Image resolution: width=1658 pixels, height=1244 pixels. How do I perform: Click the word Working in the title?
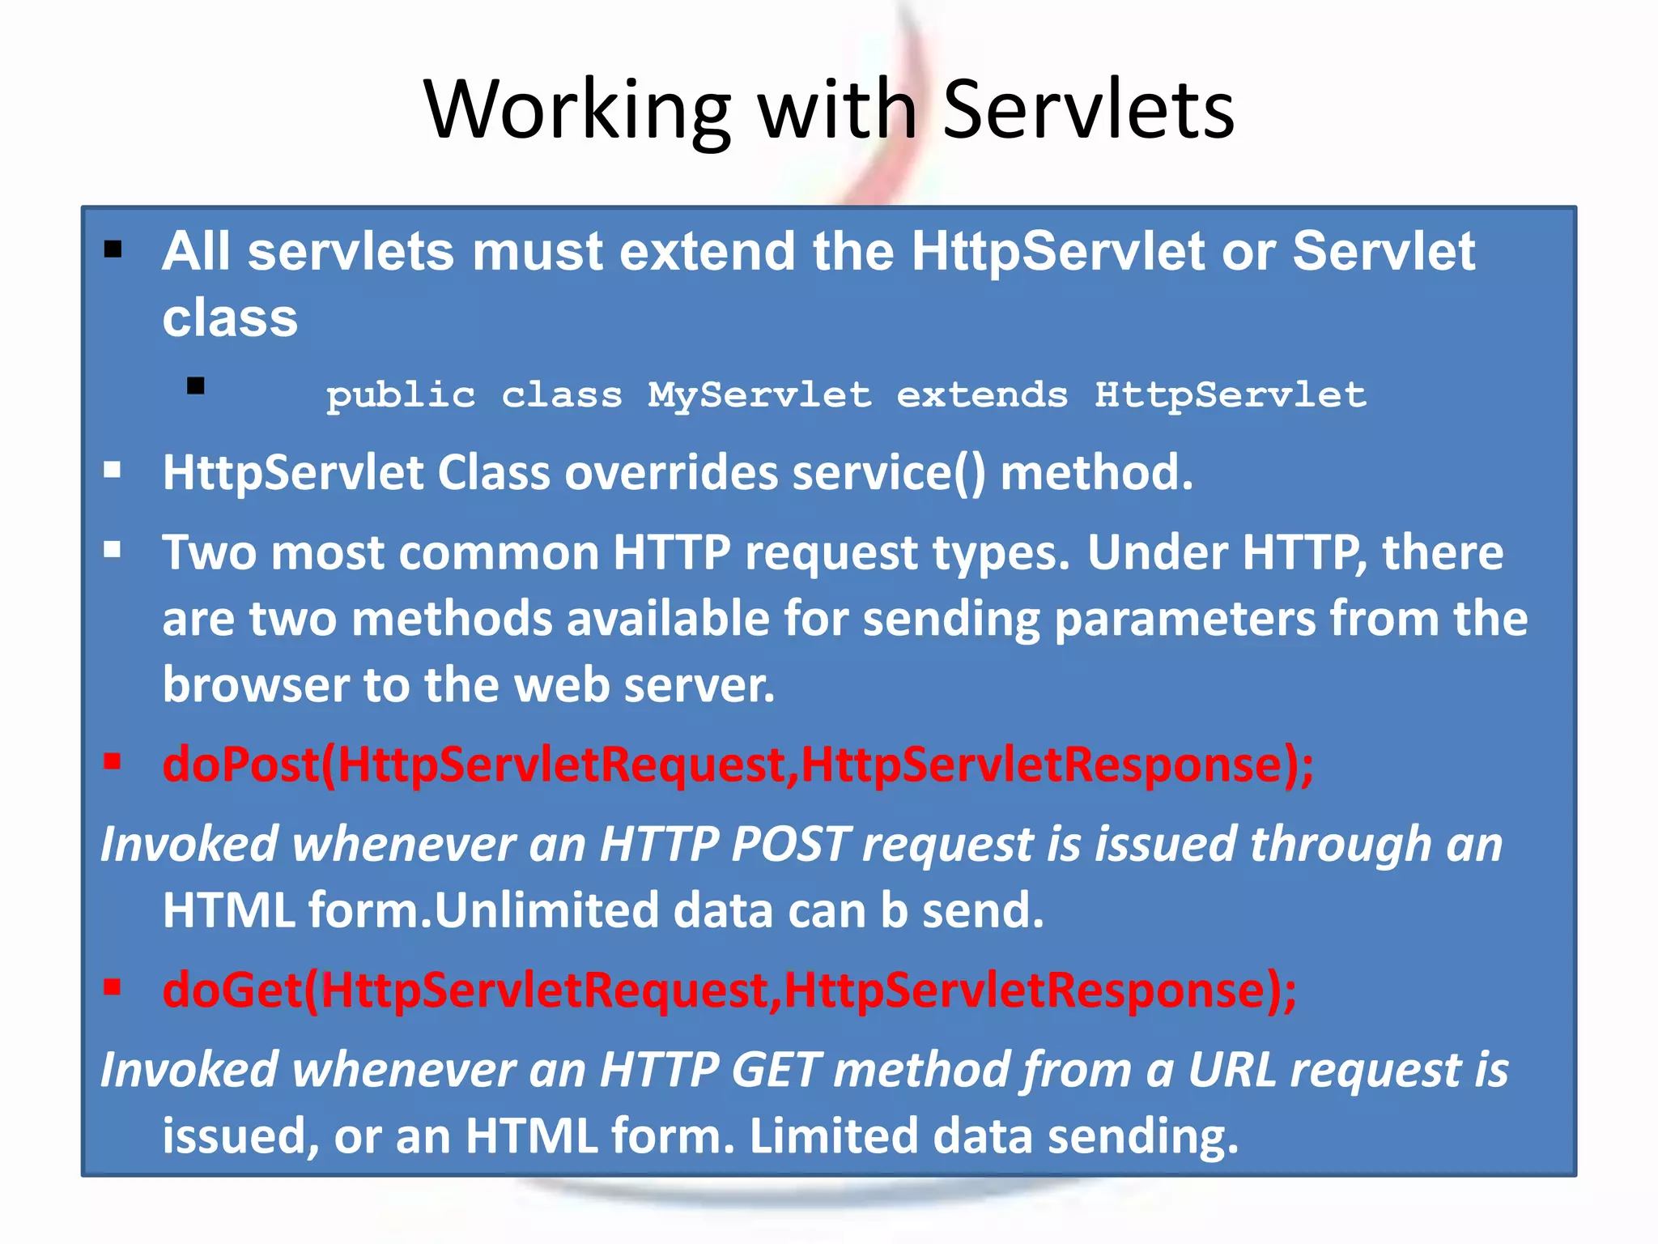[x=577, y=112]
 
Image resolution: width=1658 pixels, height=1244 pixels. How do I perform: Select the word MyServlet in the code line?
[x=759, y=395]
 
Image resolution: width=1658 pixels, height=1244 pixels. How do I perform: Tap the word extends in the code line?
[x=982, y=395]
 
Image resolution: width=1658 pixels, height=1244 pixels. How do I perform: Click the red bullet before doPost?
[x=113, y=761]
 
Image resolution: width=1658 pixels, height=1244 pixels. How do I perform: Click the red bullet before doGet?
[x=113, y=986]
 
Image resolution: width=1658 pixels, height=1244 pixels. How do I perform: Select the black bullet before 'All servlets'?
[x=113, y=249]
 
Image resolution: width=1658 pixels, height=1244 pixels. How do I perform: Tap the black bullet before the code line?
[x=195, y=386]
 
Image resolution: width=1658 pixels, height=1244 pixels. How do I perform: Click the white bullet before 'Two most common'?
[x=113, y=551]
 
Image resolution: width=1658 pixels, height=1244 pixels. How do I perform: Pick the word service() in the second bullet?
[x=888, y=473]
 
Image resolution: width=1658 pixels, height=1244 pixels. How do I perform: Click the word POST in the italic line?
[x=790, y=844]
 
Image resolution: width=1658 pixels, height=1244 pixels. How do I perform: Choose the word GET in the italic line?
[x=776, y=1069]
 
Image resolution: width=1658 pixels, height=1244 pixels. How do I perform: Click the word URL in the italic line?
[x=1231, y=1069]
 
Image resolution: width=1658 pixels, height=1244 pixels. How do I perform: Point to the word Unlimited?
[x=547, y=910]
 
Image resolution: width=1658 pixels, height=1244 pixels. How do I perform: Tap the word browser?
[x=255, y=685]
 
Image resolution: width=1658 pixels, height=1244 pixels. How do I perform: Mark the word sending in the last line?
[x=1142, y=1135]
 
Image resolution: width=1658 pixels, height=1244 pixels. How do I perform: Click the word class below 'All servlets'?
[x=230, y=317]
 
